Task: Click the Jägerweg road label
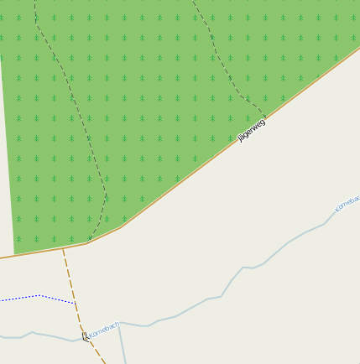[253, 130]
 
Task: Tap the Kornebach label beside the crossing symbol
[104, 329]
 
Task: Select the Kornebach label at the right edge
[347, 202]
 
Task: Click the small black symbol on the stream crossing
[85, 336]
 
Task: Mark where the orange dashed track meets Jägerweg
[63, 249]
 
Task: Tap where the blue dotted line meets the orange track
[75, 303]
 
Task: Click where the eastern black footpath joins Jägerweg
[267, 117]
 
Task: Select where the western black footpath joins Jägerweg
[87, 243]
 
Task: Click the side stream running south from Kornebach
[122, 344]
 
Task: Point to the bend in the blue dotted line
[39, 295]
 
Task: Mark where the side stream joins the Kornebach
[118, 324]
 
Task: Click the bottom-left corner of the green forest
[15, 254]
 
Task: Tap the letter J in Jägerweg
[241, 138]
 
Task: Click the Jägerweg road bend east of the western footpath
[122, 226]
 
